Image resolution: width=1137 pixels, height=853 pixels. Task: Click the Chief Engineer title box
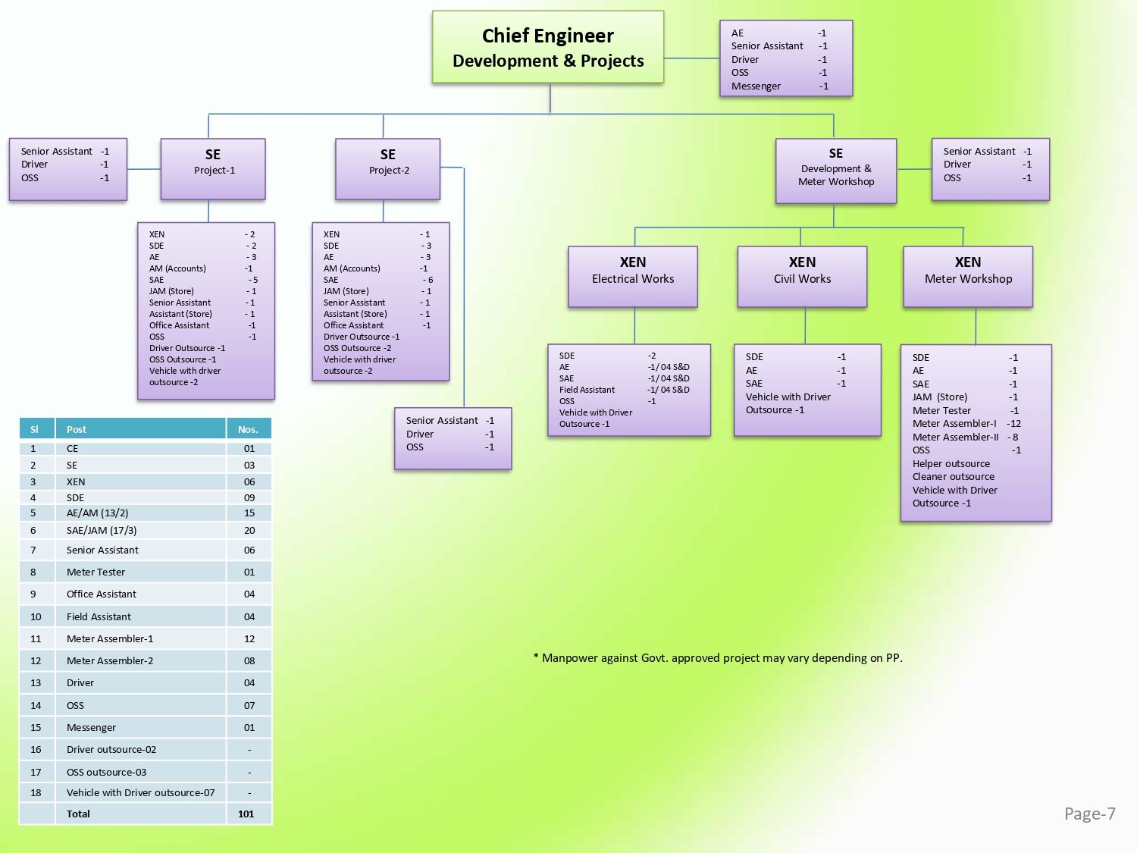[x=548, y=47]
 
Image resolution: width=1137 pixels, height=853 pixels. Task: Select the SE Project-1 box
[x=213, y=168]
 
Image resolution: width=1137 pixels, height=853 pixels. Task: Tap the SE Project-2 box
[x=387, y=168]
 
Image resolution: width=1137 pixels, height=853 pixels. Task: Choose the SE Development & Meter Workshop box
[x=835, y=171]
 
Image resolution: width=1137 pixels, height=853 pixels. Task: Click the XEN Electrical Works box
[x=633, y=276]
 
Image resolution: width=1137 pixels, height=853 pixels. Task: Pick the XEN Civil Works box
[x=802, y=276]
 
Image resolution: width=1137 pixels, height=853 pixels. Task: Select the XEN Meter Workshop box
[x=968, y=276]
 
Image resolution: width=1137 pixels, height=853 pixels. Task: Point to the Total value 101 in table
[x=246, y=814]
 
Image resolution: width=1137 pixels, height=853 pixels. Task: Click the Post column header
[x=77, y=429]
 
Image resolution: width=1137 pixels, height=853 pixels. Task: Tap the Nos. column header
[x=248, y=429]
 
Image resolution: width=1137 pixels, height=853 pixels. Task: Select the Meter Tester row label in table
[x=96, y=572]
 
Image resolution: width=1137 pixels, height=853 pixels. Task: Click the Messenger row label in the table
[x=91, y=727]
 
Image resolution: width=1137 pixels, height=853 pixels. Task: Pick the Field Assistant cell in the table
[x=99, y=616]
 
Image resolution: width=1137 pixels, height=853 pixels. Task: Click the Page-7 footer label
[x=1089, y=814]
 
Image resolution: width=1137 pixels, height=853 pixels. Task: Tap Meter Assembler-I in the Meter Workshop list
[x=954, y=423]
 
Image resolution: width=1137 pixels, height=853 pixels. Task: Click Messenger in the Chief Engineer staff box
[x=756, y=86]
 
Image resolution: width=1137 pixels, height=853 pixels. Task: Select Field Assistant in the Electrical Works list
[x=587, y=390]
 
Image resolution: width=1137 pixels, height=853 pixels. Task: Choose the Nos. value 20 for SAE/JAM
[x=249, y=530]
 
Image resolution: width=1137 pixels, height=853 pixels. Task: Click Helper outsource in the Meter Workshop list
[x=951, y=463]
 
